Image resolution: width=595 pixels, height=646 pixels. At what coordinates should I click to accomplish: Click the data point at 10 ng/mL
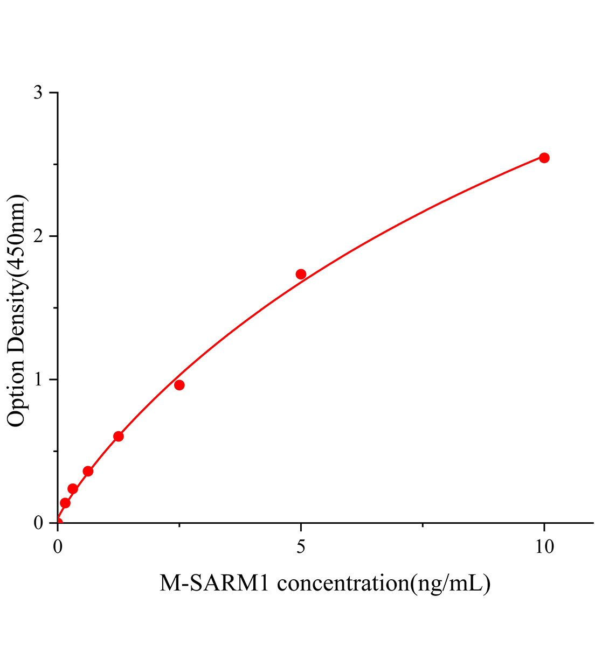544,158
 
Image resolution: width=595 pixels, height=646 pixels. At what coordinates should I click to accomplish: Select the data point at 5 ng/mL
301,274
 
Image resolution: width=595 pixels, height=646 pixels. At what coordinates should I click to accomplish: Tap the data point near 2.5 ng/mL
179,385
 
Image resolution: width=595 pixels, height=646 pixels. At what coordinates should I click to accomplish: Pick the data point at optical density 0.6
119,436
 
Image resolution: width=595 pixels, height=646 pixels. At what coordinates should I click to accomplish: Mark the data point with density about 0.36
88,471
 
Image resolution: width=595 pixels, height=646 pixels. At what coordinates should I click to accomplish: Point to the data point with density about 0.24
73,489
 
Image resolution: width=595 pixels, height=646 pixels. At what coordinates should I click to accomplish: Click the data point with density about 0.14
65,503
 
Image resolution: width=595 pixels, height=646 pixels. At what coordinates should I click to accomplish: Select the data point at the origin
58,522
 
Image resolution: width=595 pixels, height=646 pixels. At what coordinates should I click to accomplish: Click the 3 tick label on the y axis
38,93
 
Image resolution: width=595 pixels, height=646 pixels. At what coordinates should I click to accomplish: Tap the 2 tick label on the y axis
38,236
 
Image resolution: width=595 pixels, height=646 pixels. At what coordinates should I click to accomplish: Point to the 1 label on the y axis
38,380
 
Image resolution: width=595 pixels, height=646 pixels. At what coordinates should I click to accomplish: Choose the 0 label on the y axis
38,523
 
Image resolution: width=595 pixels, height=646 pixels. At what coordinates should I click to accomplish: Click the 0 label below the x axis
58,547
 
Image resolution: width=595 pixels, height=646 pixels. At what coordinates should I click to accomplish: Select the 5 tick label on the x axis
301,547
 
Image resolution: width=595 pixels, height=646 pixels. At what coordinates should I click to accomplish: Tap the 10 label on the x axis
544,547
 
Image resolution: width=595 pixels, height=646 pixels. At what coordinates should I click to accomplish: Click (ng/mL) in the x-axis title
450,584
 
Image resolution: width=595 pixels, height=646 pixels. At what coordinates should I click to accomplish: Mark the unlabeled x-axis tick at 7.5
423,525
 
